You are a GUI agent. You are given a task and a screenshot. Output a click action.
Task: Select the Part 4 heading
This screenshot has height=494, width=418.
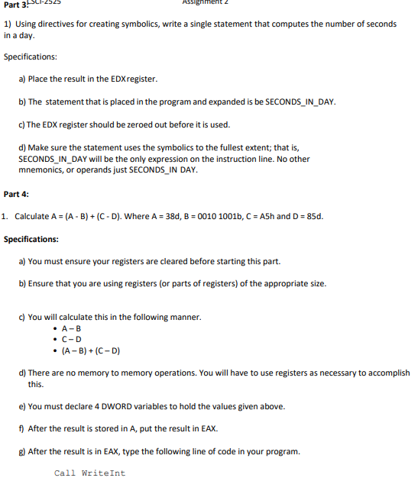[16, 194]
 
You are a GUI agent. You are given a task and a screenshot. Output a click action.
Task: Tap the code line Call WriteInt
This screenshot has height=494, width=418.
[89, 473]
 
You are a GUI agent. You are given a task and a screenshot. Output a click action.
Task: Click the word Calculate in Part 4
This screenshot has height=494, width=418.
[32, 216]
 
